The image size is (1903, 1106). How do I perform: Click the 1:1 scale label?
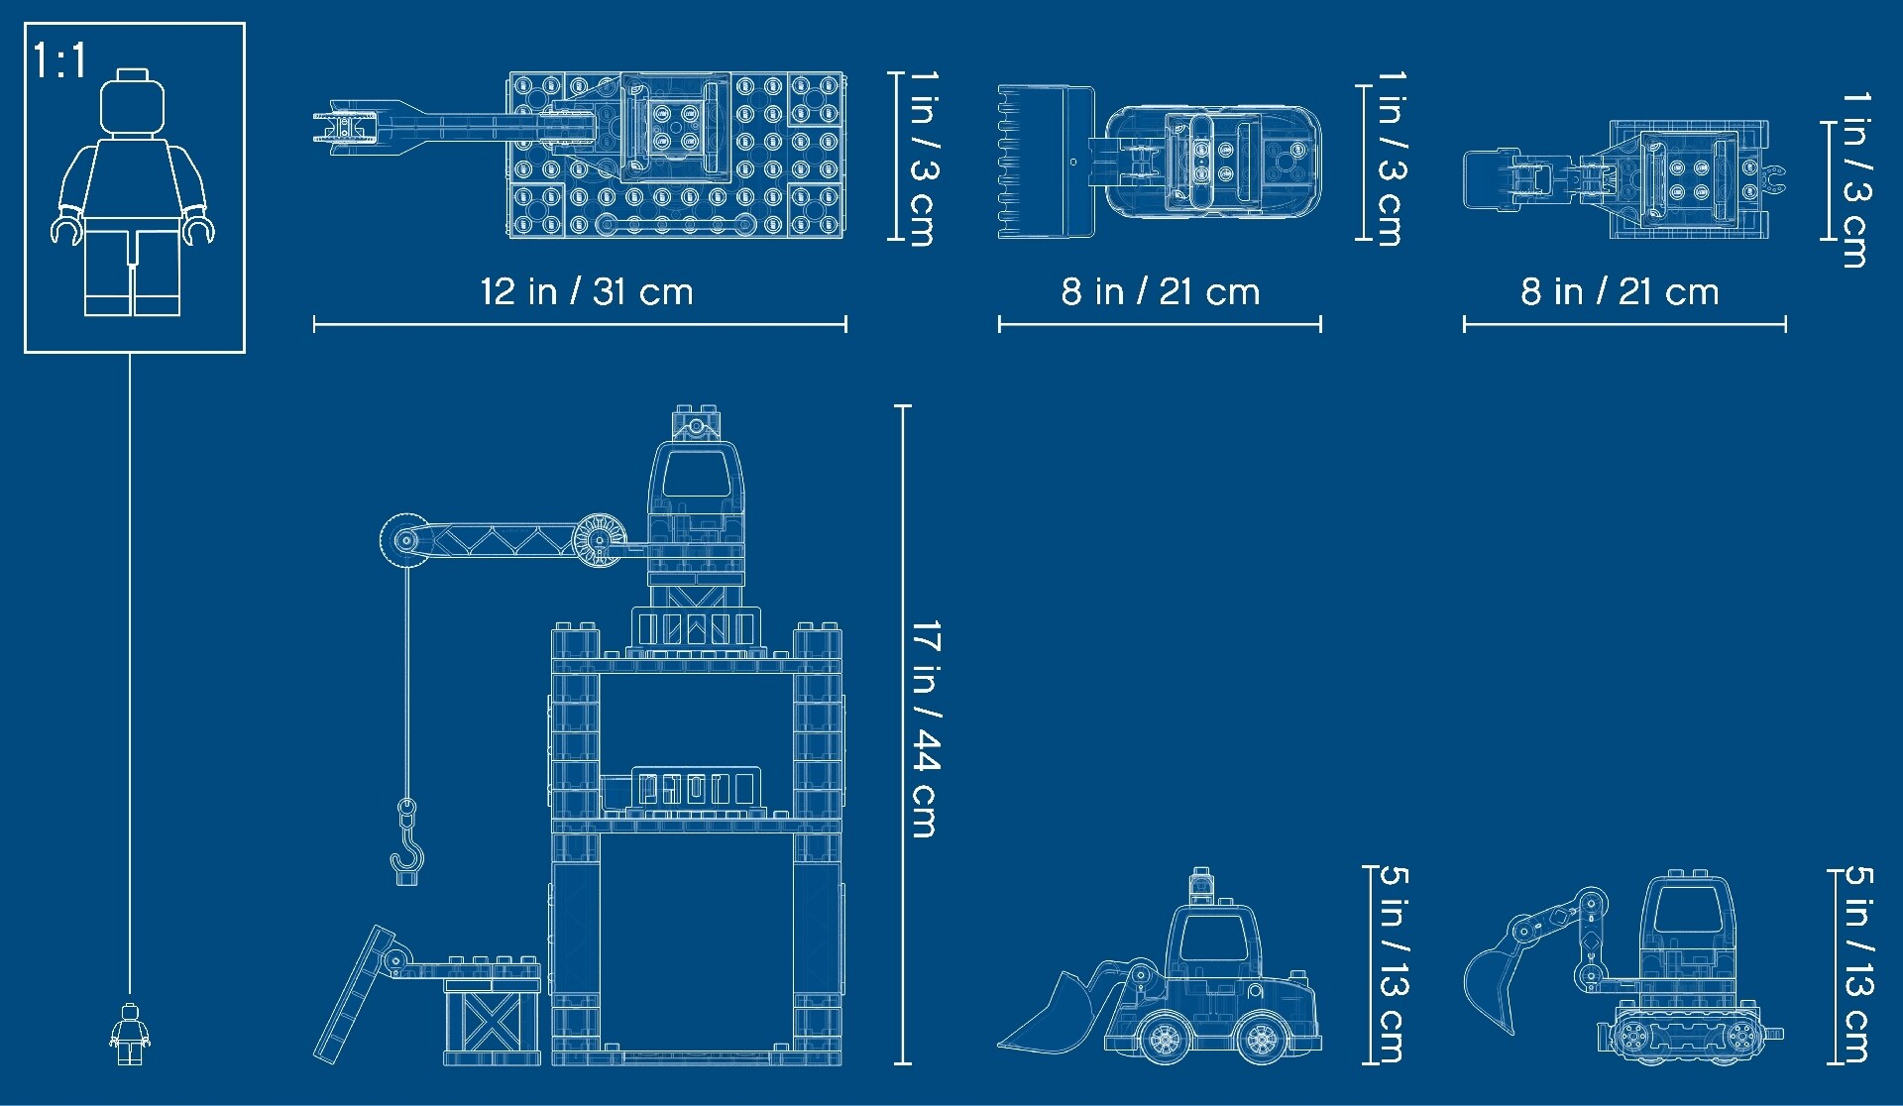point(60,61)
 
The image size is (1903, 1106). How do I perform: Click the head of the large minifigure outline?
point(132,102)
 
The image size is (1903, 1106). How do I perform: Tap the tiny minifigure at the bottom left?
point(129,1035)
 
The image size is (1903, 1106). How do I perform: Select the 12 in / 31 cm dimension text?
point(587,291)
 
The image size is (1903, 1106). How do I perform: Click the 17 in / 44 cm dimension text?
point(925,728)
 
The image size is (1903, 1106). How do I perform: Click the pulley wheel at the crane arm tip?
point(405,541)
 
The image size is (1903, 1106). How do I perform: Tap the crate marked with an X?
point(493,1021)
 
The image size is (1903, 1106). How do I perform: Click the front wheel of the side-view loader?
point(1164,1038)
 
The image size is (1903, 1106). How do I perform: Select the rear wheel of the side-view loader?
point(1263,1038)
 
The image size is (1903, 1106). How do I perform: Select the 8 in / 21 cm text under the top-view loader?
point(1161,291)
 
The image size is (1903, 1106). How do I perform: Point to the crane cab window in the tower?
point(696,474)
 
